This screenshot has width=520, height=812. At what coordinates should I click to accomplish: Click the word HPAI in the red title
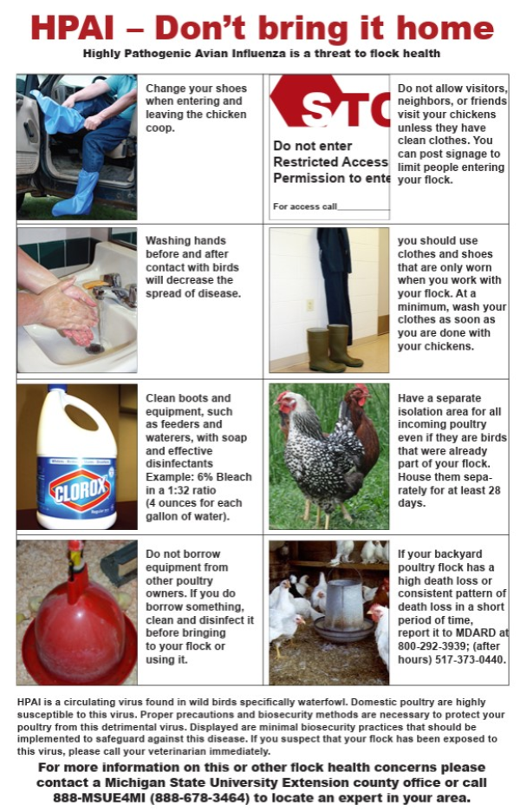(x=73, y=28)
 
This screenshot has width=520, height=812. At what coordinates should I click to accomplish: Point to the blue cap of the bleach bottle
(x=57, y=389)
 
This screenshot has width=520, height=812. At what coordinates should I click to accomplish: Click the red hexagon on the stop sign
(x=299, y=101)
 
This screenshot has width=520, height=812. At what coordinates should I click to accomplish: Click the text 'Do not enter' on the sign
(x=313, y=146)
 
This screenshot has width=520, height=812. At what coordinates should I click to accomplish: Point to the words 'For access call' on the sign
(x=305, y=206)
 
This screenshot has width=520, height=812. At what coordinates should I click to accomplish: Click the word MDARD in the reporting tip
(x=482, y=632)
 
